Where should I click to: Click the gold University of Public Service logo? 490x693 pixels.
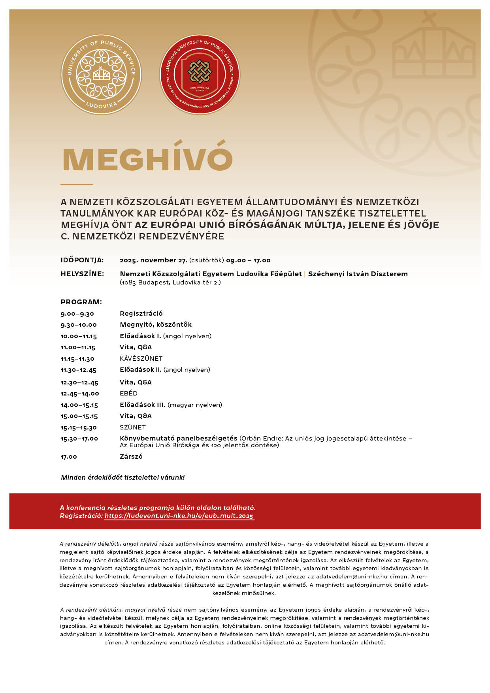point(101,74)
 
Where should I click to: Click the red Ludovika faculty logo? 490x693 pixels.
point(200,74)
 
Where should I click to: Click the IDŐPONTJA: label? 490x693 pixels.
point(82,260)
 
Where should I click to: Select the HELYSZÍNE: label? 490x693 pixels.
point(82,274)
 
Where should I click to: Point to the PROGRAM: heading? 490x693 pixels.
point(81,302)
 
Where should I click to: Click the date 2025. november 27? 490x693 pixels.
point(153,260)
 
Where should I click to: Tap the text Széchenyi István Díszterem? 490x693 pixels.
point(358,274)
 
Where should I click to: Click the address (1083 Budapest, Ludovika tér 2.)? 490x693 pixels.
point(170,282)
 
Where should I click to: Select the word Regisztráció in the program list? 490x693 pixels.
point(141,313)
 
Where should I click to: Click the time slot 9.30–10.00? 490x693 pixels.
point(79,325)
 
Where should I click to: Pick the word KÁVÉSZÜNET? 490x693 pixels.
point(141,358)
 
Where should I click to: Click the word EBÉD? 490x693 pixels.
point(128,393)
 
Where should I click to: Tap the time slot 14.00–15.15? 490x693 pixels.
point(79,405)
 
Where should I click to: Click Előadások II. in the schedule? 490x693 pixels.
point(141,370)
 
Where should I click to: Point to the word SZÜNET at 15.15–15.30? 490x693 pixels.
point(133,427)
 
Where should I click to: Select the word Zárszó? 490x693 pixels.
point(131,456)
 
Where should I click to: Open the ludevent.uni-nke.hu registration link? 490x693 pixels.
point(179,516)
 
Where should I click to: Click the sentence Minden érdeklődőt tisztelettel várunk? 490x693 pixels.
point(123,477)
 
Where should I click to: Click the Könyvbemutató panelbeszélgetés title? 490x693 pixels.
point(179,438)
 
